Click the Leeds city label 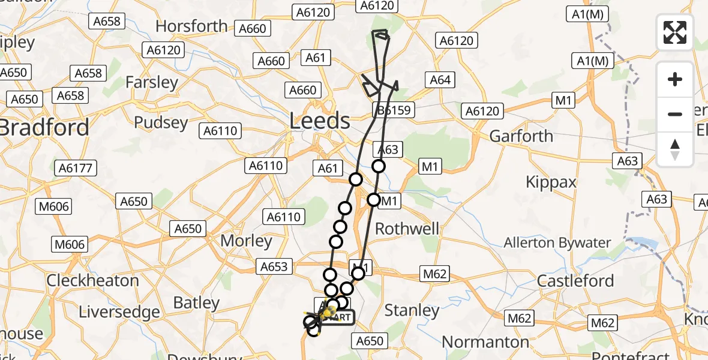(320, 121)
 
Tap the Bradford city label (45, 127)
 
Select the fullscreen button (675, 32)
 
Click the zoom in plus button (675, 79)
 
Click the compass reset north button (675, 149)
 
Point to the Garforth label (521, 136)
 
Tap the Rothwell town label (407, 229)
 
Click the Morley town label (247, 241)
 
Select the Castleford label (575, 281)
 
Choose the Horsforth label (191, 26)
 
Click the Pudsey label (161, 122)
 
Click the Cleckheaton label (92, 280)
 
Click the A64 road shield (440, 80)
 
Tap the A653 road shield (274, 266)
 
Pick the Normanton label (485, 342)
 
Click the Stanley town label (412, 310)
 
